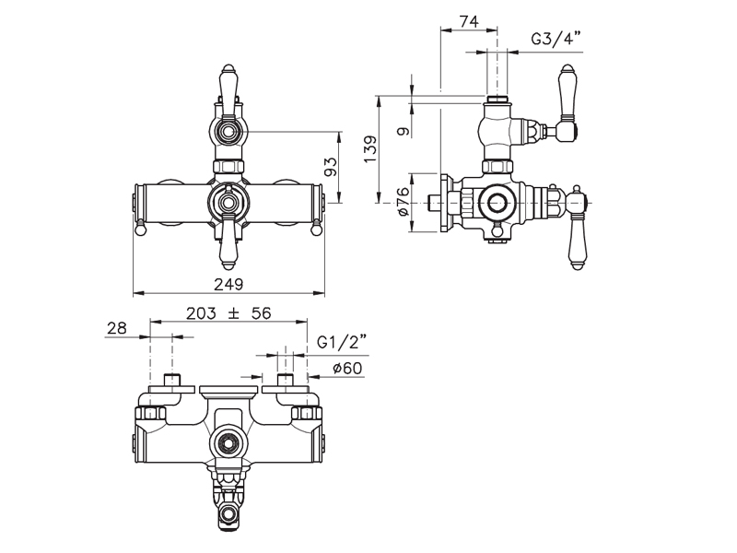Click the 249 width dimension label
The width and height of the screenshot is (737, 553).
coord(228,284)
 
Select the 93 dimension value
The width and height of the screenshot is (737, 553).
coord(332,167)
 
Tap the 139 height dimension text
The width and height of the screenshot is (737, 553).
coord(370,149)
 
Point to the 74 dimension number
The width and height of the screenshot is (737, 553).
coord(469,21)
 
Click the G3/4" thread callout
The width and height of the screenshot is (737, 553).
coord(556,38)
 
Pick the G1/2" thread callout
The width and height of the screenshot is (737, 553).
coord(341,341)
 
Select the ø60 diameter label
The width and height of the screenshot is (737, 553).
coord(348,368)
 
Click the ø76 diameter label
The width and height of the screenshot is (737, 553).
coord(404,201)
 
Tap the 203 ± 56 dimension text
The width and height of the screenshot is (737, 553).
coord(228,313)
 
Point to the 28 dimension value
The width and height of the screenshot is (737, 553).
coord(117,328)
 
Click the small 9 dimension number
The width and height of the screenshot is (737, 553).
coord(404,131)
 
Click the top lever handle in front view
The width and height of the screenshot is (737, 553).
coord(228,90)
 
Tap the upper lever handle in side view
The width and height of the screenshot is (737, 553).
coord(566,103)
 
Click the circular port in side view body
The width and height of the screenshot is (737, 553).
coord(496,203)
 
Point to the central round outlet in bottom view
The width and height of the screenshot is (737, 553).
coord(228,443)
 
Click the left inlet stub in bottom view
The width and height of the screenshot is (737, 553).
coord(172,380)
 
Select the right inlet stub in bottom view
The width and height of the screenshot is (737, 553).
coord(286,380)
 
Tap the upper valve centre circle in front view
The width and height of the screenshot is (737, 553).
coord(228,131)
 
